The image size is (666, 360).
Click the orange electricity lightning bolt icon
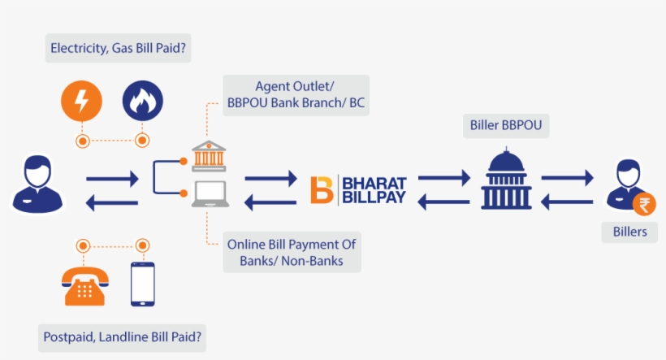(x=82, y=102)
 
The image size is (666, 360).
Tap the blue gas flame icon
(x=142, y=102)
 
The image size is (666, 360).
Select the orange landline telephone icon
(x=84, y=284)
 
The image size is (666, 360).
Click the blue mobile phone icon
(x=143, y=284)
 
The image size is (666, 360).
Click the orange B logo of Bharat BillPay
(x=322, y=189)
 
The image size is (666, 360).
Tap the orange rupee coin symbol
(x=643, y=206)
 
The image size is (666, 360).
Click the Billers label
(x=629, y=232)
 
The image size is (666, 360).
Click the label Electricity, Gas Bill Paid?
(x=119, y=49)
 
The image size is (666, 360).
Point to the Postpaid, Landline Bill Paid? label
(x=122, y=336)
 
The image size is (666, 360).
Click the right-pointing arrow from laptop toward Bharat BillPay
(x=271, y=176)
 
